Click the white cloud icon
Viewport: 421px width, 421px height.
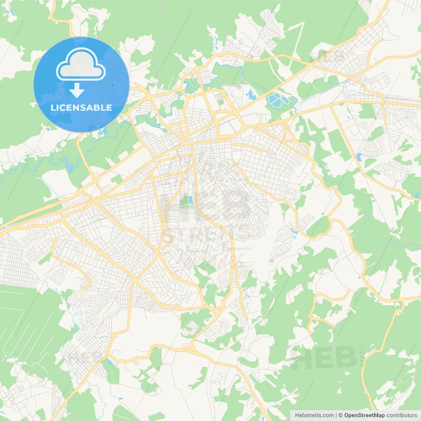81,65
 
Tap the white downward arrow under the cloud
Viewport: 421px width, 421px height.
77,90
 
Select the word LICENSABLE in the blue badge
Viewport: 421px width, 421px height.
81,108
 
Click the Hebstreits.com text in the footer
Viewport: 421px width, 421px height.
314,415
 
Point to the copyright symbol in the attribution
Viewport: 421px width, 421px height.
341,415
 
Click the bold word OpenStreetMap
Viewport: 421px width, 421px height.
364,415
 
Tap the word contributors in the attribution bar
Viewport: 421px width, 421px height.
402,415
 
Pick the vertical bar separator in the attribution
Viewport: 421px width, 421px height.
336,415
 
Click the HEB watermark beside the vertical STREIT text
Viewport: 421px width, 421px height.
324,358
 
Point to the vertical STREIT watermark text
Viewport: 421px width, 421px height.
362,355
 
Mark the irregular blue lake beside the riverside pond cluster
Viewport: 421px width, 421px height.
251,95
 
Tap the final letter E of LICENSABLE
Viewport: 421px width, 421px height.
109,108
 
